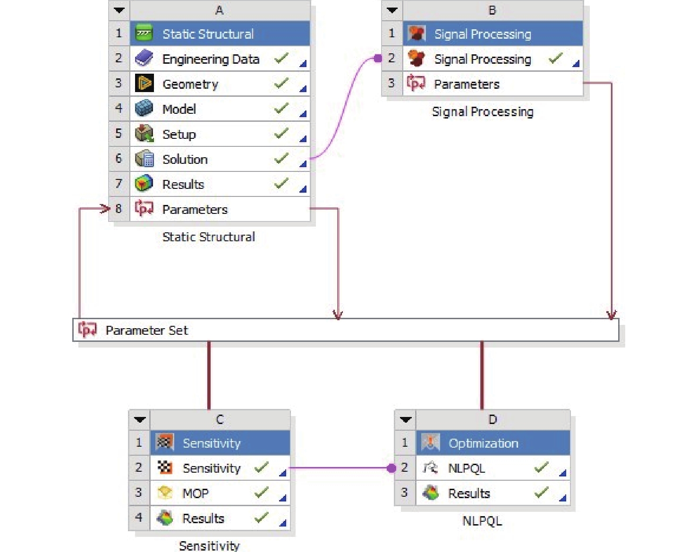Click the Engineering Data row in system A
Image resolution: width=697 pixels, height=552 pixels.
(x=220, y=59)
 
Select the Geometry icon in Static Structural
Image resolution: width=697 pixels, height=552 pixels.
(x=144, y=84)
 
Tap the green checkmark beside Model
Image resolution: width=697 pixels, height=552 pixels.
(x=281, y=108)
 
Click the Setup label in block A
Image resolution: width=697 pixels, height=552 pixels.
(x=179, y=134)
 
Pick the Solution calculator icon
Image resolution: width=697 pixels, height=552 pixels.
(x=144, y=158)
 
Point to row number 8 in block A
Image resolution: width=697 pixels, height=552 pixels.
(x=119, y=209)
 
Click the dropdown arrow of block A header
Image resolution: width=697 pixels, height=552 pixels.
(x=119, y=10)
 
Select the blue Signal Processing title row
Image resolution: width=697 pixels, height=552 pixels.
(x=493, y=34)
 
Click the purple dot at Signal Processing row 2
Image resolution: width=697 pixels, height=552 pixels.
(x=378, y=58)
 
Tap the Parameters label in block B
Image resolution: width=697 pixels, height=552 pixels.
(x=467, y=84)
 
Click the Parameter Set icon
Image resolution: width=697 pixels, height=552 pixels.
(x=87, y=330)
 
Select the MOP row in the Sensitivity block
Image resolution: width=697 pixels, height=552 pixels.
(x=220, y=493)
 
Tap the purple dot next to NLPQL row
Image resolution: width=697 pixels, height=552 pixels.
(x=391, y=468)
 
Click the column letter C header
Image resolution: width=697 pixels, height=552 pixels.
(x=220, y=419)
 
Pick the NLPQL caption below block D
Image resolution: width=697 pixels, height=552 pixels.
(x=482, y=521)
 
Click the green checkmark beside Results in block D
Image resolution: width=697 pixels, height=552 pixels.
(x=541, y=493)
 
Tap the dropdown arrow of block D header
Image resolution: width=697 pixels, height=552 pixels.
(x=406, y=420)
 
